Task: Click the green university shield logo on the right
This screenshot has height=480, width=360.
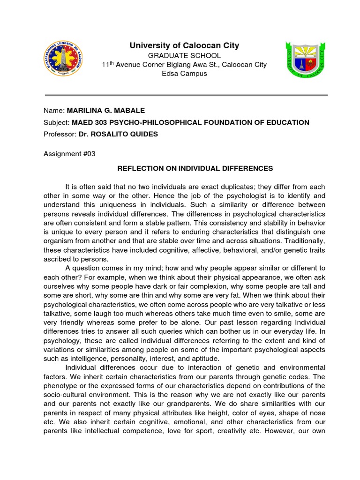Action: [304, 60]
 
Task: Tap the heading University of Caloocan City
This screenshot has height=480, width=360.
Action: [184, 45]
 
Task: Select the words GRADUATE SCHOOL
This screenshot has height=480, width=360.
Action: [184, 56]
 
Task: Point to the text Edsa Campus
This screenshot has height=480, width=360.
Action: [184, 74]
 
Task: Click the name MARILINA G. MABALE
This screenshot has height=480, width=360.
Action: [106, 111]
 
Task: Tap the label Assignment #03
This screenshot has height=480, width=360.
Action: [69, 154]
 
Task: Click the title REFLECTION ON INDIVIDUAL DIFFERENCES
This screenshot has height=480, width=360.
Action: [195, 168]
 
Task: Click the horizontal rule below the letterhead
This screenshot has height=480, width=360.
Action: [186, 95]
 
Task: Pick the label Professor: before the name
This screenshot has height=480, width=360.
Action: [60, 135]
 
